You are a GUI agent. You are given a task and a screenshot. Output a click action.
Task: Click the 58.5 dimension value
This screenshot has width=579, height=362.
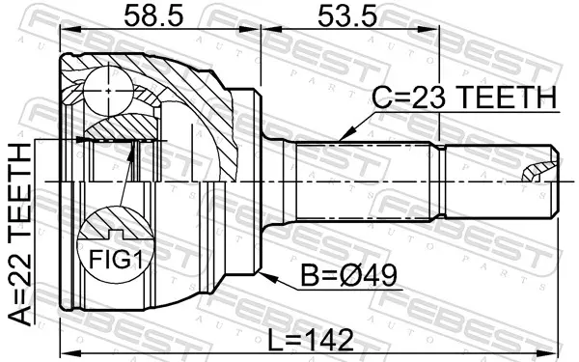153,15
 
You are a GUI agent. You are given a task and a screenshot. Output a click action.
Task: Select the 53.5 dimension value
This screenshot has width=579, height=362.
347,15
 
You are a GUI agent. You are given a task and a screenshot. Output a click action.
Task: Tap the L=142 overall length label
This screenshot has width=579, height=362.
310,340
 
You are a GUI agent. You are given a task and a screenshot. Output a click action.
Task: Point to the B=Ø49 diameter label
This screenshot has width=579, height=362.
349,275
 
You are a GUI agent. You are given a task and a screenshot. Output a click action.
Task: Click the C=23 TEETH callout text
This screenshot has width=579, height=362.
464,97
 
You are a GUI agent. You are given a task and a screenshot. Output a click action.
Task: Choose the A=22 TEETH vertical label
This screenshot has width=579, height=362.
19,235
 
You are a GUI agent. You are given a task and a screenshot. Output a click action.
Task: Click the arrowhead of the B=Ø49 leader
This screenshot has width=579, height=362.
267,277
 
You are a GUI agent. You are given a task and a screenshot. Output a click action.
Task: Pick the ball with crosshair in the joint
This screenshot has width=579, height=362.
108,91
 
